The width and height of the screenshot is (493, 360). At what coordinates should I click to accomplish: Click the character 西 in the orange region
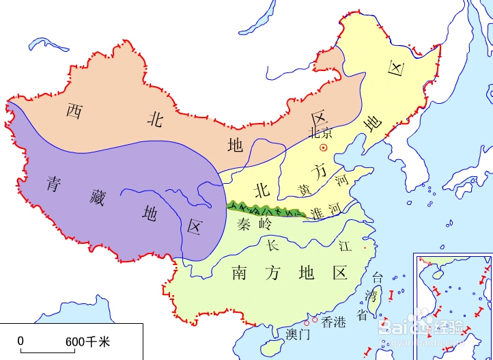click(74, 111)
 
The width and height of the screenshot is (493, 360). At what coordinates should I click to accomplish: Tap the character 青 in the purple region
click(56, 182)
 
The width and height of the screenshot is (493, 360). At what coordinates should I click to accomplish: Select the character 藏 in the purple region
click(101, 198)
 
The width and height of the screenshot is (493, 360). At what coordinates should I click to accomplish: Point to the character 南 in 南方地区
click(239, 273)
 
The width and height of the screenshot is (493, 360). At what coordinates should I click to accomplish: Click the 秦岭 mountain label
click(253, 223)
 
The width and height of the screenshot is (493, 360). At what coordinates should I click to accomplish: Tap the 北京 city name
click(321, 133)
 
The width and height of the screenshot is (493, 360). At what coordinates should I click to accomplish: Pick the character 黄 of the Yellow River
click(304, 189)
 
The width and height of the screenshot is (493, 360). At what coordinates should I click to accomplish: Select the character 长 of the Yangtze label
click(272, 244)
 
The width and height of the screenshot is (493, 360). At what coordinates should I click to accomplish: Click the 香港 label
click(335, 320)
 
